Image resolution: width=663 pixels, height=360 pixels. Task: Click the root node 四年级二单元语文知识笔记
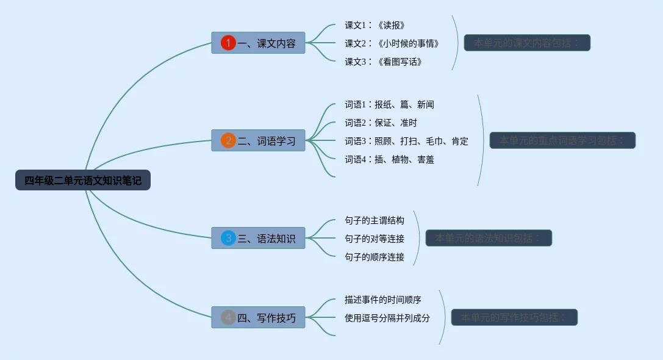[x=83, y=180]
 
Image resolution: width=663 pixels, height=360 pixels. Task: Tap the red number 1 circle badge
[x=228, y=43]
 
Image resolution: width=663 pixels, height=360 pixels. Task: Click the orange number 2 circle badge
[x=228, y=141]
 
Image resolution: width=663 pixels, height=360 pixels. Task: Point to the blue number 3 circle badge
[x=228, y=238]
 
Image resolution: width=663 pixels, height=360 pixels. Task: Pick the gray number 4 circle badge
[x=228, y=317]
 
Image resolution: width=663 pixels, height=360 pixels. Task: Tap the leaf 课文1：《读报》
[x=375, y=25]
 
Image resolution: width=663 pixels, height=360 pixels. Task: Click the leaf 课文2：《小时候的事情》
[x=392, y=43]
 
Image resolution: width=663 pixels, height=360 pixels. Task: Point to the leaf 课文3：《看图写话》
[x=383, y=62]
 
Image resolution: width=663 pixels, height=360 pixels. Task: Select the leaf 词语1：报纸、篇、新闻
[x=389, y=104]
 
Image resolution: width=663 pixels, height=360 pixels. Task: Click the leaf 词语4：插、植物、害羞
[x=389, y=159]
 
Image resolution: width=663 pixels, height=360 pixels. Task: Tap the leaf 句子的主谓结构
[x=374, y=220]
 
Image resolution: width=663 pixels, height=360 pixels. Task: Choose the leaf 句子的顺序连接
[x=374, y=257]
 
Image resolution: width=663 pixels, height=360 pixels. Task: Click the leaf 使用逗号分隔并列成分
[x=387, y=318]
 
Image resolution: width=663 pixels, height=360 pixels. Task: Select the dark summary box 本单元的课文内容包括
[x=527, y=43]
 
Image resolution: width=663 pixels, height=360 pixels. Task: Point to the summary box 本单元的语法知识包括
[x=489, y=238]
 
